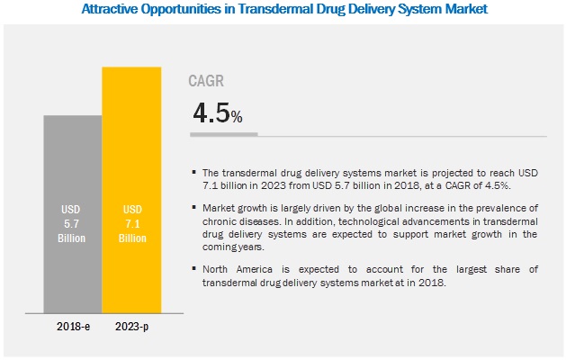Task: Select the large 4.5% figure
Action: pos(217,115)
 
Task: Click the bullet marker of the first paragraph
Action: pos(195,172)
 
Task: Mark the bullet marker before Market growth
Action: pos(195,208)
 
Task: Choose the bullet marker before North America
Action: pos(195,267)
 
